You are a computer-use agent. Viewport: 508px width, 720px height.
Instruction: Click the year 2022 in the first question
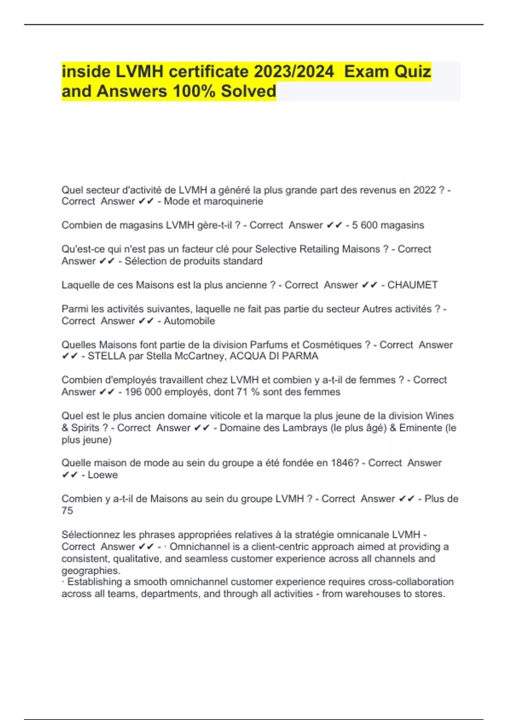[425, 190]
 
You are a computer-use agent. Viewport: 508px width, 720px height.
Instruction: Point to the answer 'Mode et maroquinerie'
[213, 202]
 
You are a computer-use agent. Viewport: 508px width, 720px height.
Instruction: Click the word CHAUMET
[412, 285]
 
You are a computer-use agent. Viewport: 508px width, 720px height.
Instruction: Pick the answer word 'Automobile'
[189, 321]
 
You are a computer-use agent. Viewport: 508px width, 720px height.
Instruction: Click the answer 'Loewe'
[103, 475]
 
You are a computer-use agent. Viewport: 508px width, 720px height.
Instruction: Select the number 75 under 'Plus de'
[67, 511]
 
